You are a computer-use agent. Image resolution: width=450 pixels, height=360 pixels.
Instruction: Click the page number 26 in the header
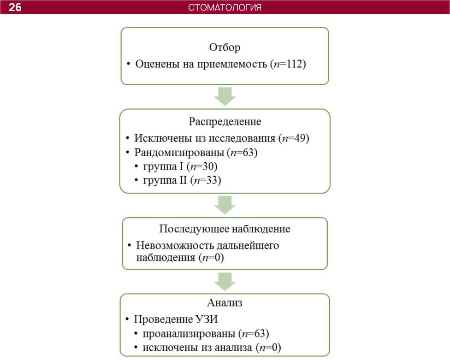tap(15, 7)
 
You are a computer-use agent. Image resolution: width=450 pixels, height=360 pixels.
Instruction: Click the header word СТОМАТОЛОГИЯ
tap(225, 7)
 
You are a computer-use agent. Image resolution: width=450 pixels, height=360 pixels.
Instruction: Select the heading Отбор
tap(225, 47)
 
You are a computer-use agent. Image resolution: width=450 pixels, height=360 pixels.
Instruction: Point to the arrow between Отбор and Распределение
tap(225, 96)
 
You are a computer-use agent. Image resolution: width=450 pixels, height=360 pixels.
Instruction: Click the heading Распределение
tap(225, 122)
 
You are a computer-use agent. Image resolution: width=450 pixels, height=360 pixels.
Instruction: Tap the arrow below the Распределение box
tap(225, 205)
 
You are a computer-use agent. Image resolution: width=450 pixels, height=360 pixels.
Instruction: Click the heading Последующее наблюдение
tap(225, 229)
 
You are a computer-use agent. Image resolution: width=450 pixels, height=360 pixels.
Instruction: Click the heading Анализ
tap(225, 303)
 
